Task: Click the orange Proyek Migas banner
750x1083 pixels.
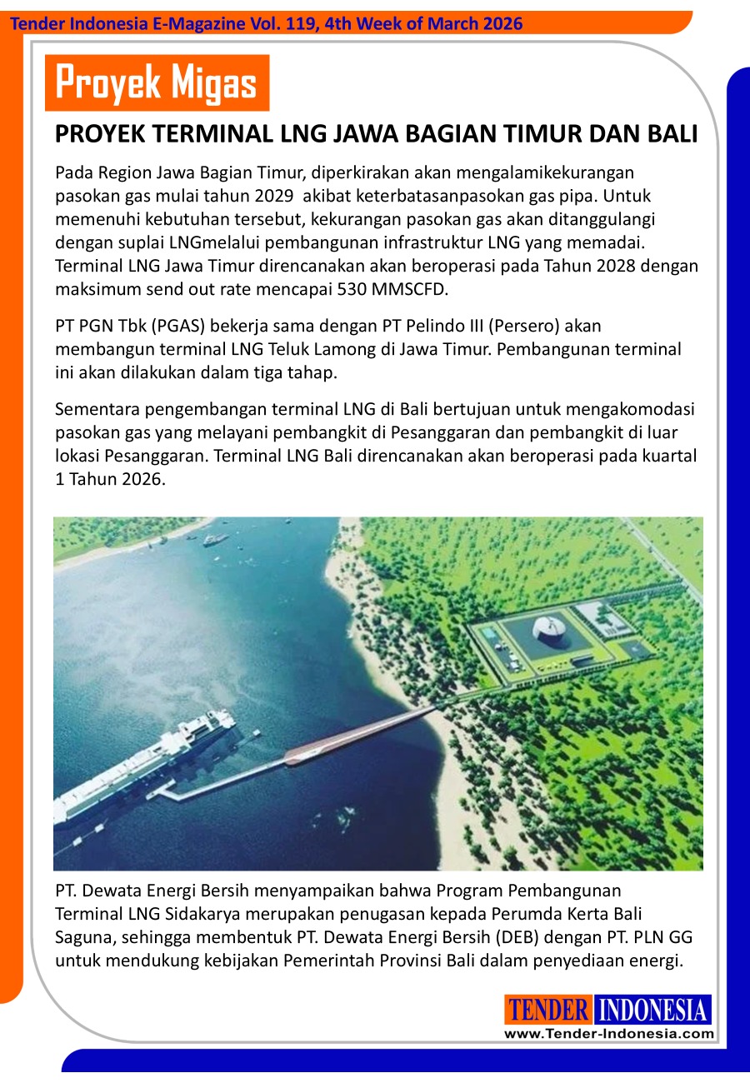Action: pyautogui.click(x=157, y=83)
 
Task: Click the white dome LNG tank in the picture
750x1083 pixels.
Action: pyautogui.click(x=549, y=630)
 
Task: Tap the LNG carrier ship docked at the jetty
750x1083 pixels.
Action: pyautogui.click(x=142, y=762)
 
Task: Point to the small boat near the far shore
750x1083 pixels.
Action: pyautogui.click(x=215, y=540)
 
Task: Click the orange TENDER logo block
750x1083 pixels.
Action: pyautogui.click(x=548, y=1011)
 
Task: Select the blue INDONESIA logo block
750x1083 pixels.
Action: pyautogui.click(x=653, y=1011)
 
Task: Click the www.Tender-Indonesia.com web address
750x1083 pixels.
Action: pyautogui.click(x=608, y=1034)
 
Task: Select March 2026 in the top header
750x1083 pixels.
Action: pyautogui.click(x=474, y=23)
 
